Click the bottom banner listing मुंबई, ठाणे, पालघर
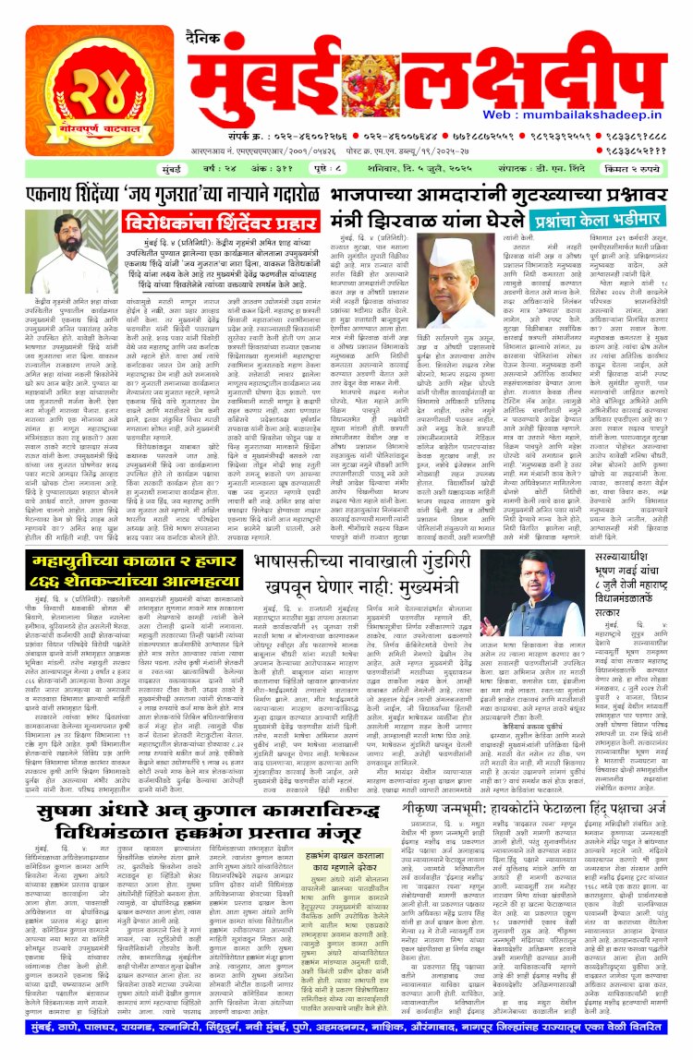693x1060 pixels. pyautogui.click(x=346, y=1041)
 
